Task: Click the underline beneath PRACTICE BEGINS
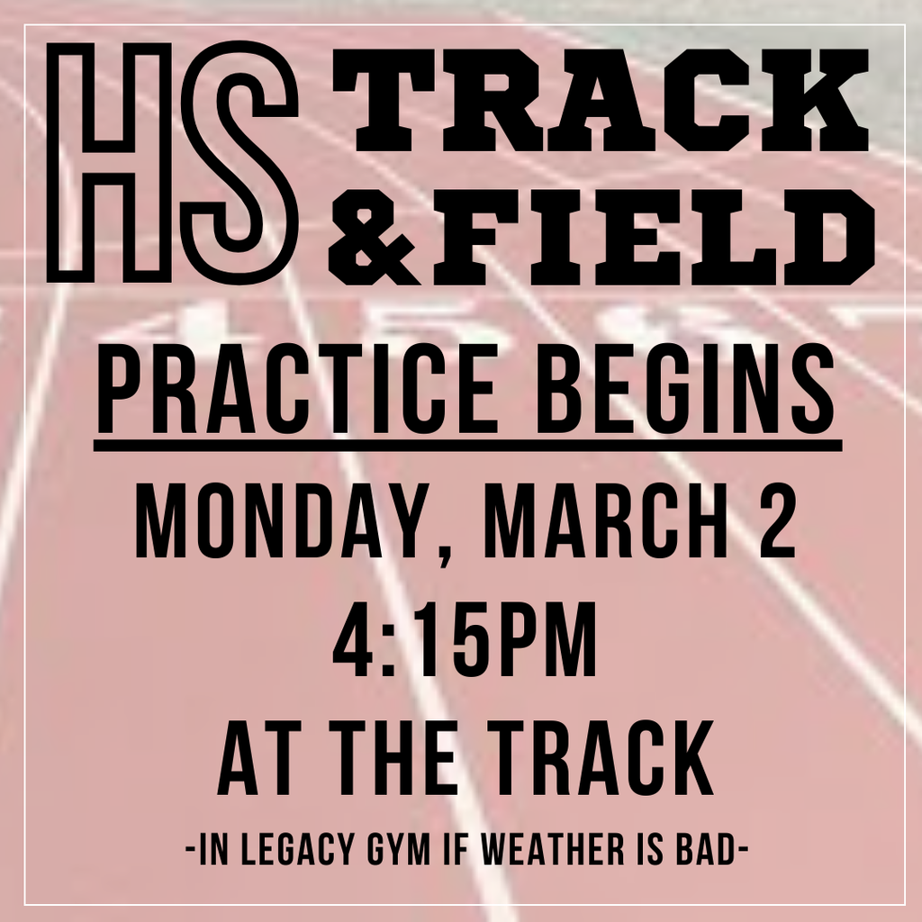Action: point(467,445)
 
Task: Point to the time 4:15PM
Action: point(465,642)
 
